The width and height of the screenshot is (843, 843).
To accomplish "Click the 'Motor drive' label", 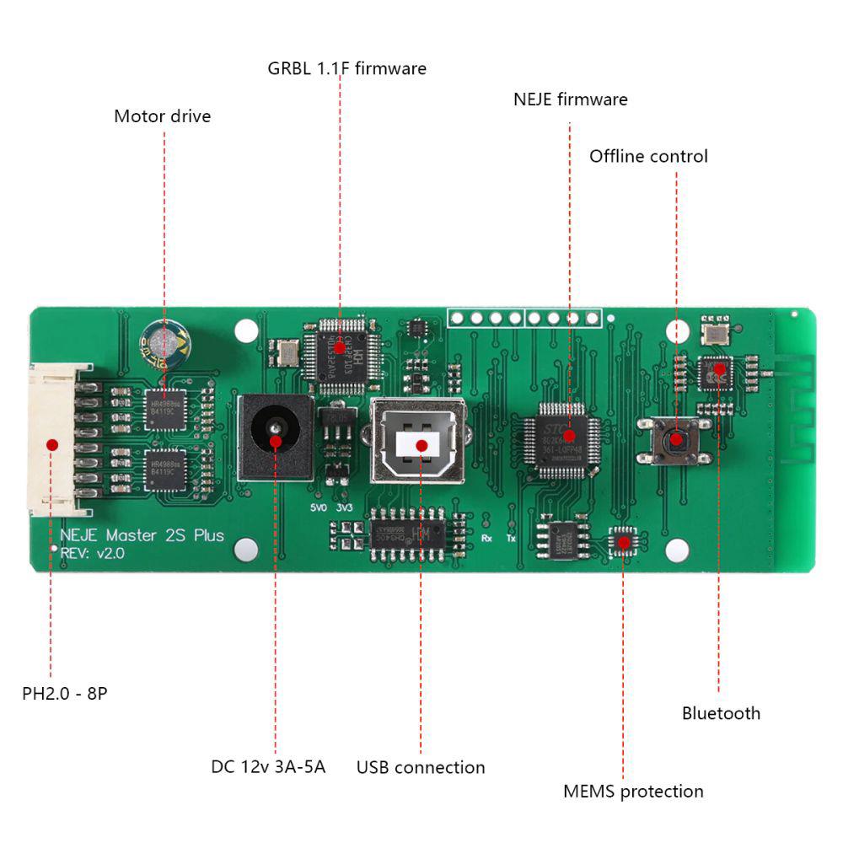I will [162, 116].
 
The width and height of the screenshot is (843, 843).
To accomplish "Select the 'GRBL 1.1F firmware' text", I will [346, 68].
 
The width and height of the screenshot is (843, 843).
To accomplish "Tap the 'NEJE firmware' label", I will [570, 99].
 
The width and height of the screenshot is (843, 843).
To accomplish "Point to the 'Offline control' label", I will [648, 156].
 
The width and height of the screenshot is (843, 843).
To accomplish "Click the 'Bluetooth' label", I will [721, 713].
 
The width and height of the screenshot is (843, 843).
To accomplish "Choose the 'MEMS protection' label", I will [633, 792].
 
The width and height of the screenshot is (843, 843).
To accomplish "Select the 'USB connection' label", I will [421, 768].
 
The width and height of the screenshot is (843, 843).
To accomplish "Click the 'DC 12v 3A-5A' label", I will [268, 767].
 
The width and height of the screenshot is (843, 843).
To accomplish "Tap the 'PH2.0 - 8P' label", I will [64, 695].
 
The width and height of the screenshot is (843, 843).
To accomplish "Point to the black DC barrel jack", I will [275, 438].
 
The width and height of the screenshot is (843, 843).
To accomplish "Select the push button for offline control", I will [676, 438].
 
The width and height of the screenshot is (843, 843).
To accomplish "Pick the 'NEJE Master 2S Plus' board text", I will [142, 535].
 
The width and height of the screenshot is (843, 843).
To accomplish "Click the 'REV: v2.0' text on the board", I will [92, 553].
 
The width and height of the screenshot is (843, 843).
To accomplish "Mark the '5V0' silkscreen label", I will [318, 508].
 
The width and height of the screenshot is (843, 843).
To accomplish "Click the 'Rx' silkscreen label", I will [486, 537].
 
